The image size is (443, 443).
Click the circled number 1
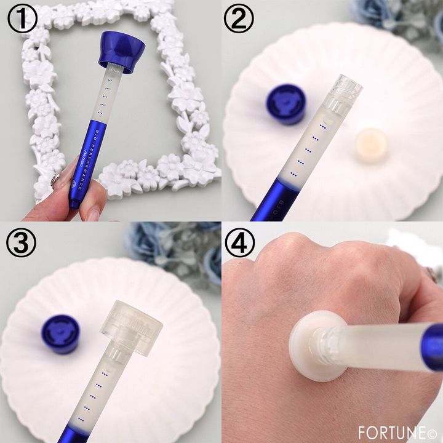[20, 19]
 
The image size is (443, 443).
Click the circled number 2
[241, 19]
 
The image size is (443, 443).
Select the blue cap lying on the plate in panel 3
[60, 333]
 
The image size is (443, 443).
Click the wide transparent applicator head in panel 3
[132, 324]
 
